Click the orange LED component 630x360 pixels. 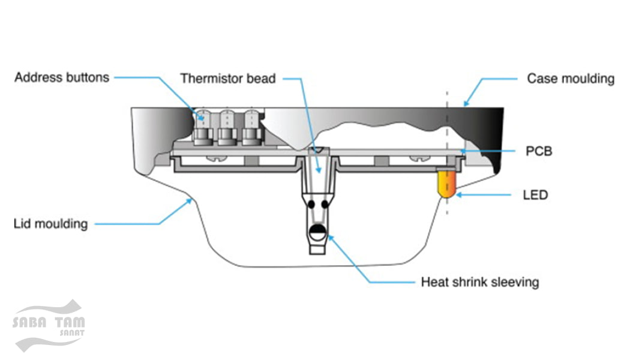447,184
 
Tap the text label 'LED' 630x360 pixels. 535,195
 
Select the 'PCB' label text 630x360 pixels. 539,151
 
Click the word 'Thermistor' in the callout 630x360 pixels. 207,79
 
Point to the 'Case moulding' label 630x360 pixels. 570,79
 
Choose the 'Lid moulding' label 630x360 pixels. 50,224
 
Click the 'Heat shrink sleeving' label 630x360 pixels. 479,281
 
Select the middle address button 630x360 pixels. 227,127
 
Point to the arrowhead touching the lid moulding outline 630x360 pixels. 190,201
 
